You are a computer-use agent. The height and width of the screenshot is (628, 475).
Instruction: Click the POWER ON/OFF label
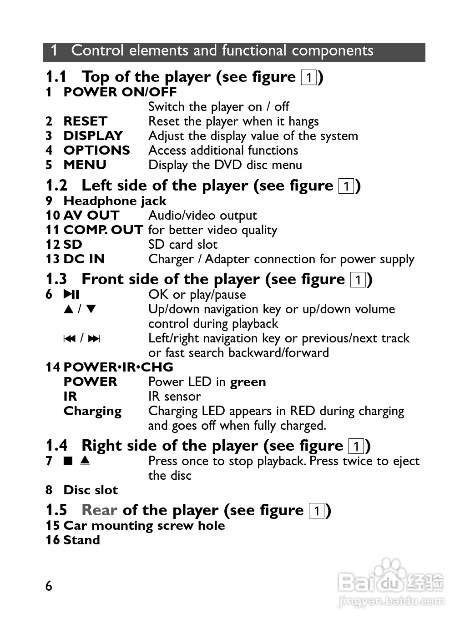(120, 92)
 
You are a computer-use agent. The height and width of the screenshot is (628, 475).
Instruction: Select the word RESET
(86, 121)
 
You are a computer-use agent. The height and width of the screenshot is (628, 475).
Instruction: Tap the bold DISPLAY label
(93, 136)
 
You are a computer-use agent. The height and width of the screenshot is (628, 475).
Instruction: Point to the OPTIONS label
(97, 151)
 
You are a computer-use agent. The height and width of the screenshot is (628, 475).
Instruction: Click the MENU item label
(85, 165)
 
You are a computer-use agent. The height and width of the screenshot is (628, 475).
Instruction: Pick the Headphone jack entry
(115, 201)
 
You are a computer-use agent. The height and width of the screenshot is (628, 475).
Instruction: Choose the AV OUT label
(91, 216)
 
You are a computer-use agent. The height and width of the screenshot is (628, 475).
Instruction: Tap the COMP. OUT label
(103, 230)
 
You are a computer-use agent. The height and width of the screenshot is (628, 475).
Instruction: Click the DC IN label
(84, 259)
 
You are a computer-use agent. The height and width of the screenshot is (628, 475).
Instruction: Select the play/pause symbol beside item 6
(71, 295)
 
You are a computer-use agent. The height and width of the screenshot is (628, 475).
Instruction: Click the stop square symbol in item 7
(68, 461)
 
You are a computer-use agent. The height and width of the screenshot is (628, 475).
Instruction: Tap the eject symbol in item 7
(85, 461)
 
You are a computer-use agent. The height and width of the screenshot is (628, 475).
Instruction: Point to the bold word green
(248, 382)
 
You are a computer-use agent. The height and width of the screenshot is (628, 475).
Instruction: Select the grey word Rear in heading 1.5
(99, 510)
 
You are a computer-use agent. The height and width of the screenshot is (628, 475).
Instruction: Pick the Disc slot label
(91, 490)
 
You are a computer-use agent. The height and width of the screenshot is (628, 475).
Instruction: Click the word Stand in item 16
(82, 540)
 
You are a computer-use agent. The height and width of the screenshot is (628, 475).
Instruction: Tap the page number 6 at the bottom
(49, 586)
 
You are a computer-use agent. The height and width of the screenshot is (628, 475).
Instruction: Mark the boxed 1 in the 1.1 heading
(309, 78)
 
